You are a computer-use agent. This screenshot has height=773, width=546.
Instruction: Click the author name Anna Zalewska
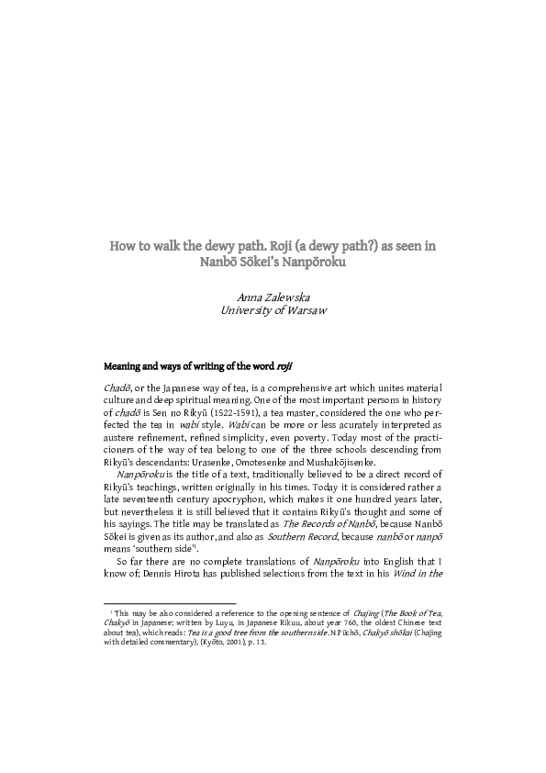click(273, 297)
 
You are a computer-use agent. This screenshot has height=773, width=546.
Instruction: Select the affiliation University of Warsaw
click(273, 310)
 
